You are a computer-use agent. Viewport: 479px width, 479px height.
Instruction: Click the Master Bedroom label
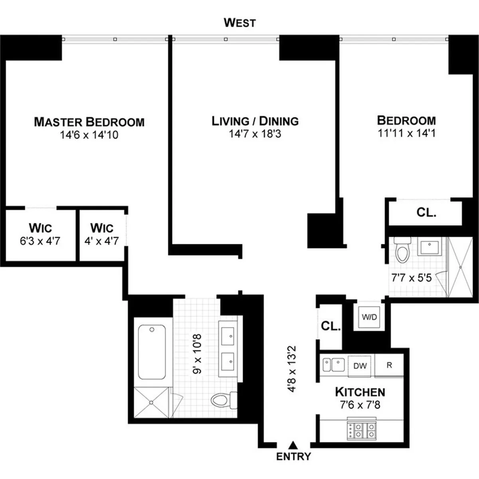coord(89,122)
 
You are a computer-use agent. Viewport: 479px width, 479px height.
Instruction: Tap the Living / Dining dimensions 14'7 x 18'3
coord(255,134)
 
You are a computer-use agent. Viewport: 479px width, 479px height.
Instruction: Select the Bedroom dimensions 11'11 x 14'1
coord(406,133)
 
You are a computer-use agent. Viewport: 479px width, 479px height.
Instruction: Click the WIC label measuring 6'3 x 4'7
coord(40,228)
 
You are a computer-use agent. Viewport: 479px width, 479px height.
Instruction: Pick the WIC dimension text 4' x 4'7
coord(101,241)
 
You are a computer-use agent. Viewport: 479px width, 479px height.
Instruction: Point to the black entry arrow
coord(293,444)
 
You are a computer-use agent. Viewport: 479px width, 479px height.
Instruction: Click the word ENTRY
coord(293,456)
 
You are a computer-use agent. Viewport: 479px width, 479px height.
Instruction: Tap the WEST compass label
coord(239,23)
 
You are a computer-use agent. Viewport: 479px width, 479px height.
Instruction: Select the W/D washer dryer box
coord(369,317)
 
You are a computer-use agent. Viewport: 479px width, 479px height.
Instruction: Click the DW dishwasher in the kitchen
coord(360,366)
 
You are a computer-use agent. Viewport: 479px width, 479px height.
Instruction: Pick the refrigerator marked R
coord(389,365)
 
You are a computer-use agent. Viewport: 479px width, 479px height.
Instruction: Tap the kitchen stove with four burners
coord(361,430)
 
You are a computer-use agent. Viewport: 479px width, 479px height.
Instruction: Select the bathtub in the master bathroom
coord(152,352)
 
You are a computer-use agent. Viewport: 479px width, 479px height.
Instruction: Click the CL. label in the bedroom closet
coord(426,212)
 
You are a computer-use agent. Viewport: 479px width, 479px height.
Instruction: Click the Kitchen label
coord(360,392)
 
